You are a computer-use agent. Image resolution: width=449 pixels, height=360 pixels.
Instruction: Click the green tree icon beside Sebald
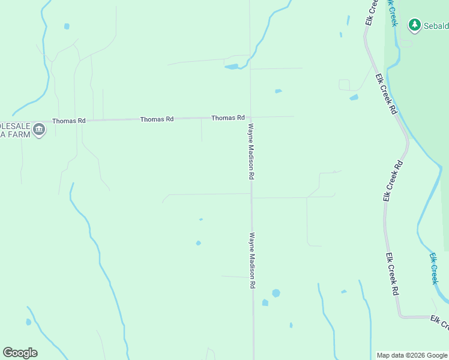click(x=414, y=25)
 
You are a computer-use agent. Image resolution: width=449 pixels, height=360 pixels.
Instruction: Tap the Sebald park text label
click(x=436, y=26)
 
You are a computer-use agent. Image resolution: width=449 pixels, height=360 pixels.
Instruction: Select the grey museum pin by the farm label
click(x=39, y=130)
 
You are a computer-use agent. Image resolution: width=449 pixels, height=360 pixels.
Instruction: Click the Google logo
click(x=20, y=353)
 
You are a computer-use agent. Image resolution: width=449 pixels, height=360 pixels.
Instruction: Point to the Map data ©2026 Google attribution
click(x=412, y=355)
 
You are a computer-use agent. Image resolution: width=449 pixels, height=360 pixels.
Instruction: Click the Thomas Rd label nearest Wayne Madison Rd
click(x=228, y=118)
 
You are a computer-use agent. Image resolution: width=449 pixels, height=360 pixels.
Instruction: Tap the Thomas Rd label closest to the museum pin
click(x=68, y=121)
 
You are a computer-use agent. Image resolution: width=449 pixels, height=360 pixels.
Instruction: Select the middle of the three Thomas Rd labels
click(x=157, y=119)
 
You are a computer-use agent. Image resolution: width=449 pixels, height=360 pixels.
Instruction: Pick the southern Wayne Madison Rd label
click(x=253, y=260)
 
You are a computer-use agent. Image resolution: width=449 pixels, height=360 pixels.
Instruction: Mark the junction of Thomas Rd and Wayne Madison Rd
click(x=250, y=117)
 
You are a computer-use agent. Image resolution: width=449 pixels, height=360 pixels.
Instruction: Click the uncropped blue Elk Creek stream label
click(x=434, y=268)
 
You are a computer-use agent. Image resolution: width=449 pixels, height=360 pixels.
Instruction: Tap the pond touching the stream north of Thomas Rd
click(x=232, y=67)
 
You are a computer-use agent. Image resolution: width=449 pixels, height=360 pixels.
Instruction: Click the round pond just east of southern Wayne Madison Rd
click(x=276, y=293)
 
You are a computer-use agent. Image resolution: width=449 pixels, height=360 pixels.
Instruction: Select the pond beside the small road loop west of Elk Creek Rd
click(x=354, y=97)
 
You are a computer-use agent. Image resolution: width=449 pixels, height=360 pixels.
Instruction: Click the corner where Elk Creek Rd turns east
click(x=400, y=316)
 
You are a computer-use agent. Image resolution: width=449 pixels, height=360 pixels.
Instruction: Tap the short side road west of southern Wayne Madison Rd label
click(x=234, y=277)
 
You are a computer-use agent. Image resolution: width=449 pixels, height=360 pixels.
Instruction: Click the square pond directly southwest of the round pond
click(x=265, y=302)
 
